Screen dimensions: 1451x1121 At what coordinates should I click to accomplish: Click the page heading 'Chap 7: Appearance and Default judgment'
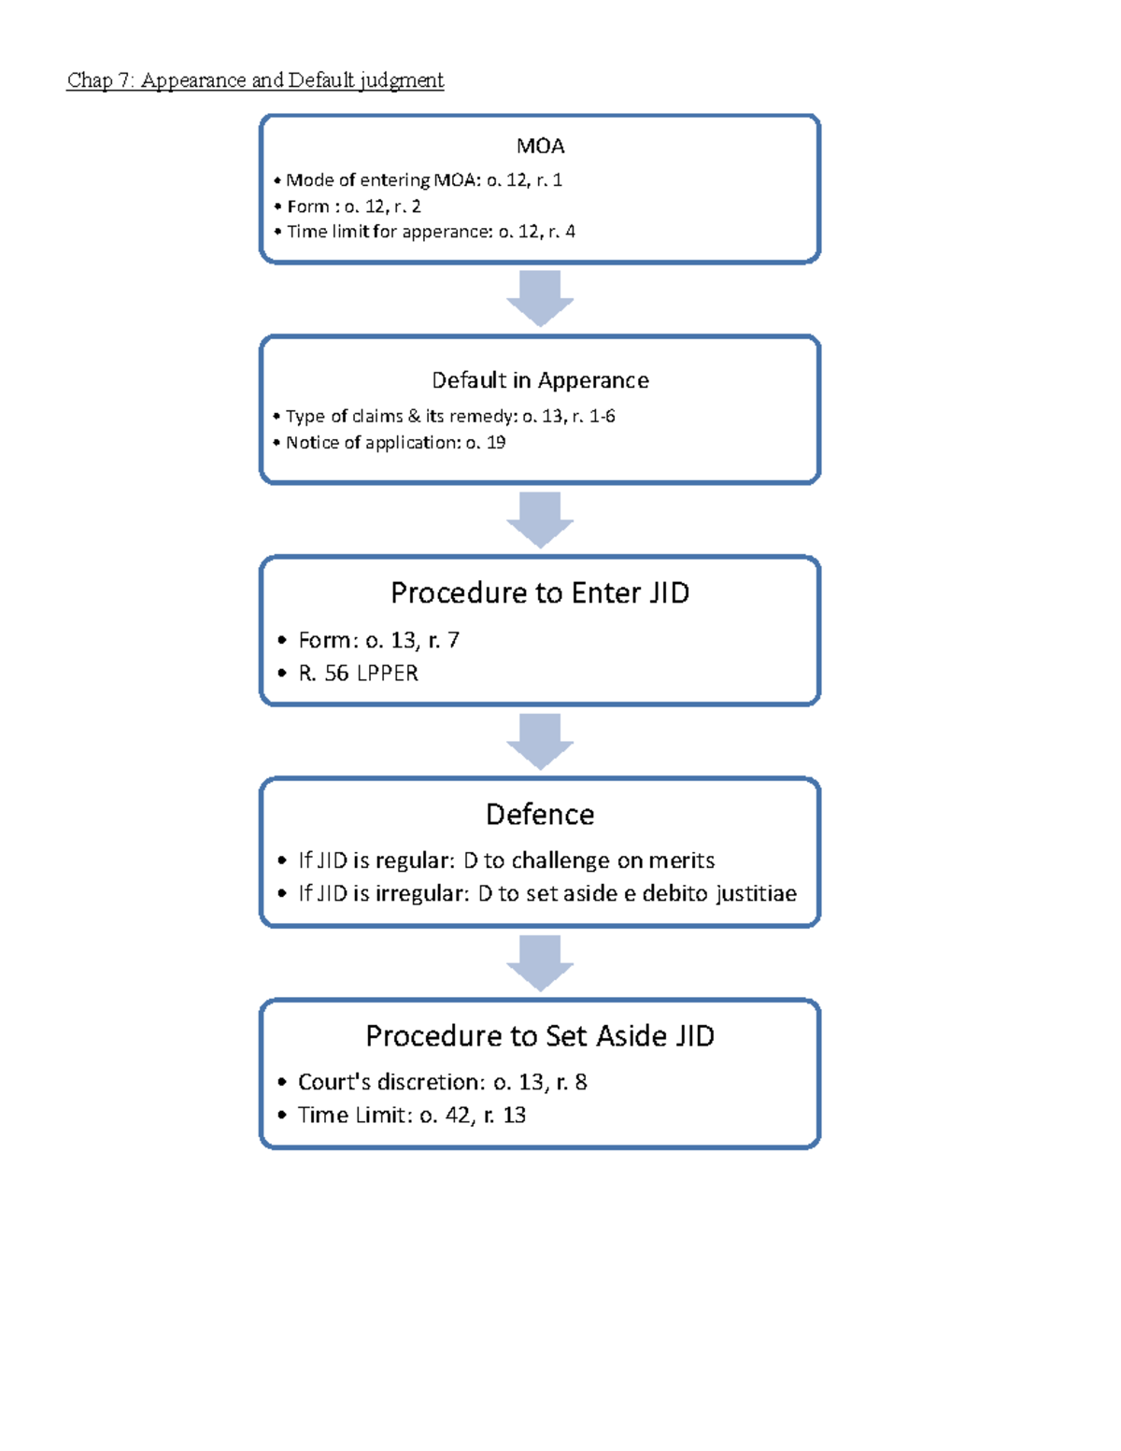click(x=255, y=80)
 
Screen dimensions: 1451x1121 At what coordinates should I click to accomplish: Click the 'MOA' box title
click(x=540, y=146)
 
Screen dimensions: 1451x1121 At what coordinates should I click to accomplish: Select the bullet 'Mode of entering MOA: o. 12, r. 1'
click(x=423, y=179)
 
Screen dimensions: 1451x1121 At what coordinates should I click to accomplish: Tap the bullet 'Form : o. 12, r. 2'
click(x=353, y=206)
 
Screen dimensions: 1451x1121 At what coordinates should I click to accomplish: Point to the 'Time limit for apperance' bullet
click(x=430, y=232)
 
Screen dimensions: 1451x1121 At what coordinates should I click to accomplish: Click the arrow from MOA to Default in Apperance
click(x=540, y=298)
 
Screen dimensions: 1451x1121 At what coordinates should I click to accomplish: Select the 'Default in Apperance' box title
click(x=540, y=380)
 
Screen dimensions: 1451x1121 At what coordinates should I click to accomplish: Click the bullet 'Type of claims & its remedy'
click(x=449, y=416)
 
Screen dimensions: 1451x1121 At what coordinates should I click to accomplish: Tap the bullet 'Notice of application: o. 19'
click(x=395, y=443)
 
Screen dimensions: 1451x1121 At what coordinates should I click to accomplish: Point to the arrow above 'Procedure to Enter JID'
click(x=540, y=519)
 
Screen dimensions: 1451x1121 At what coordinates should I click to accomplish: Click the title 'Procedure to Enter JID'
click(x=540, y=592)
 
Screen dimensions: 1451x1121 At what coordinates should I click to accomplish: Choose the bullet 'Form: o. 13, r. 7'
click(x=378, y=640)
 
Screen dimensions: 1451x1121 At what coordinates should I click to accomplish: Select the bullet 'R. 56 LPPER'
click(x=358, y=673)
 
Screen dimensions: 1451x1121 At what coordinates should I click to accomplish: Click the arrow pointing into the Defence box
click(x=540, y=741)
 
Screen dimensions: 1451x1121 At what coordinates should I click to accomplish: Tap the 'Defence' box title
click(x=540, y=814)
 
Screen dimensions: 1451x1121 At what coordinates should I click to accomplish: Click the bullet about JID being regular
click(x=505, y=861)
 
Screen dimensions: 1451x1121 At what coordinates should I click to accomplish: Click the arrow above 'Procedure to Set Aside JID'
click(x=540, y=962)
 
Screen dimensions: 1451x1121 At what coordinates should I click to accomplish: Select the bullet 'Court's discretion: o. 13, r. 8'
click(x=442, y=1082)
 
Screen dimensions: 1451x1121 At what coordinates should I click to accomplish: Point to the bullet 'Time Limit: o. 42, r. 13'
click(x=411, y=1115)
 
